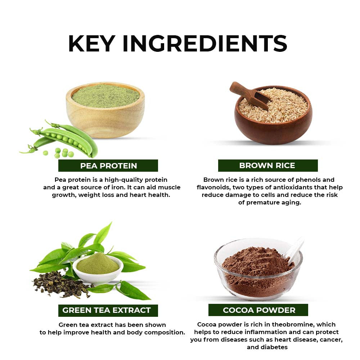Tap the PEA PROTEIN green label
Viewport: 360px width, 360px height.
point(108,166)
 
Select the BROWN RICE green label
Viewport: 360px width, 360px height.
point(267,165)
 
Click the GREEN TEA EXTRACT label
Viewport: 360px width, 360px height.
point(107,310)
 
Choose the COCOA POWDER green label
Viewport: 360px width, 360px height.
point(259,310)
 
